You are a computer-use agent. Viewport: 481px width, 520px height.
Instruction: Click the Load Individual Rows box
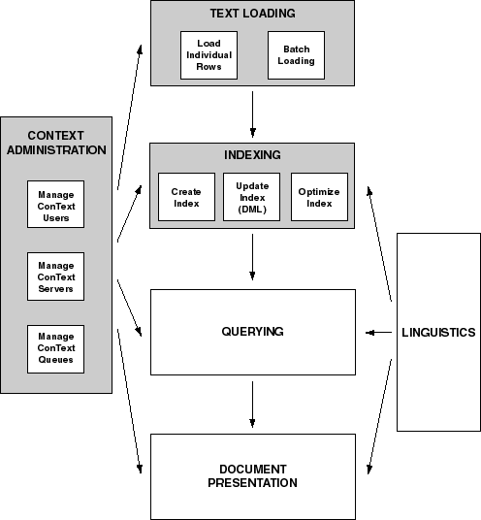[208, 55]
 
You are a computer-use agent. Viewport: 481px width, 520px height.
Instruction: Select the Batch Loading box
[296, 55]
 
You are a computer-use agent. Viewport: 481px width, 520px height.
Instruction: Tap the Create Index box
[186, 197]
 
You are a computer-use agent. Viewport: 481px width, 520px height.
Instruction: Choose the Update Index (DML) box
[251, 197]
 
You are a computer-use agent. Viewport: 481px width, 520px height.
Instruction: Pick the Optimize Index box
[320, 197]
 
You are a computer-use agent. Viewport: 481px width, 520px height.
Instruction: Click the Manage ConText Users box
[55, 205]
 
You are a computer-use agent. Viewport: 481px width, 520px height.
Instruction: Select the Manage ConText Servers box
[55, 276]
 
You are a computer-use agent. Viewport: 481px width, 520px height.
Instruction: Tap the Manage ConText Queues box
[55, 349]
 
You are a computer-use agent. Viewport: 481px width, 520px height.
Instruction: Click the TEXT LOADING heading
[252, 14]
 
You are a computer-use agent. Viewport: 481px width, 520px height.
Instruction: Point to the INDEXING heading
[252, 155]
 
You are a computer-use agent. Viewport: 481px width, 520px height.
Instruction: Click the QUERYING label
[252, 332]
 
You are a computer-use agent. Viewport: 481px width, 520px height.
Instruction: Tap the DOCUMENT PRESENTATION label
[252, 476]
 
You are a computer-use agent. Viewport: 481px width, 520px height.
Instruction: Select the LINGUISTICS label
[438, 333]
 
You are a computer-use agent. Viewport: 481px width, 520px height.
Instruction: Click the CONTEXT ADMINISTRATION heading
[56, 143]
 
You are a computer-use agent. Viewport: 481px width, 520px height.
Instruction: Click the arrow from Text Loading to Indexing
[252, 114]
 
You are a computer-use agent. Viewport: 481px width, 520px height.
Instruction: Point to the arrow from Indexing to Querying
[252, 257]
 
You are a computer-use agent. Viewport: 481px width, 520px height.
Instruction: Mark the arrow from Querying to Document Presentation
[252, 405]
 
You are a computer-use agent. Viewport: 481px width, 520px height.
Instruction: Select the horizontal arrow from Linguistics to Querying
[378, 333]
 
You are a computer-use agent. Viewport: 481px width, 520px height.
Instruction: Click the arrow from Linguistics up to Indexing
[380, 244]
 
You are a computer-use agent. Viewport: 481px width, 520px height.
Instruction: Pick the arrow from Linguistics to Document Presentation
[380, 417]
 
